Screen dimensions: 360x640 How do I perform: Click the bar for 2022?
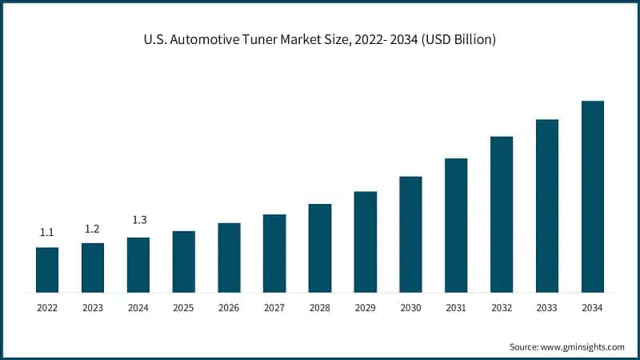click(x=47, y=270)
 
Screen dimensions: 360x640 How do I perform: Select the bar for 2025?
click(x=184, y=262)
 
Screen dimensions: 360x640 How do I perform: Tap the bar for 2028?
click(x=320, y=248)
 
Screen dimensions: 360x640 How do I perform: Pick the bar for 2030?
click(x=410, y=234)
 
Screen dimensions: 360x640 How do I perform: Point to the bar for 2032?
click(x=502, y=214)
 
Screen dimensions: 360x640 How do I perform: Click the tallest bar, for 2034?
click(x=593, y=197)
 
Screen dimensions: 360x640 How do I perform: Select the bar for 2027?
click(x=274, y=253)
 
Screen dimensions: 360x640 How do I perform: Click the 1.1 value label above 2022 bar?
click(x=47, y=233)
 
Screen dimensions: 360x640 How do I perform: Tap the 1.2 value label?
click(x=93, y=229)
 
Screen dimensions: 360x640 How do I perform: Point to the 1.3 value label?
click(x=138, y=220)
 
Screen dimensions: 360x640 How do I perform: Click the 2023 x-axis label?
click(x=93, y=308)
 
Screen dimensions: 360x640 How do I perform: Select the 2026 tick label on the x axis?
click(x=229, y=308)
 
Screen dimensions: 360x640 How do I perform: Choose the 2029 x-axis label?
click(x=366, y=308)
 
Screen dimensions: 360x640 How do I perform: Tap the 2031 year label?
click(x=456, y=308)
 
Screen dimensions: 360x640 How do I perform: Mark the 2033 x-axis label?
click(x=547, y=308)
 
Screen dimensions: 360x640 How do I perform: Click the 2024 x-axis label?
click(x=138, y=308)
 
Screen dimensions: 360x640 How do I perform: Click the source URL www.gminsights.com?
click(x=583, y=346)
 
